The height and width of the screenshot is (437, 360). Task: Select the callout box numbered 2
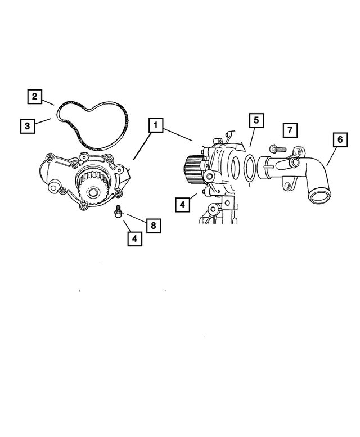click(34, 97)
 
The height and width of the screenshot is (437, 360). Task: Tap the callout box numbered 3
click(26, 125)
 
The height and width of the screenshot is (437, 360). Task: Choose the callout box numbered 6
click(340, 139)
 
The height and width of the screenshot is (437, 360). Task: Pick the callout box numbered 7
click(289, 130)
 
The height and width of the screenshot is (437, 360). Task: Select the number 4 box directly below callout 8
click(134, 238)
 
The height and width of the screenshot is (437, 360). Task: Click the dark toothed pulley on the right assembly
click(193, 170)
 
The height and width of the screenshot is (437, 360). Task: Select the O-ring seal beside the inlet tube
click(246, 169)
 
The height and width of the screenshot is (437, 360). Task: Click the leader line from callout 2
click(48, 102)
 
